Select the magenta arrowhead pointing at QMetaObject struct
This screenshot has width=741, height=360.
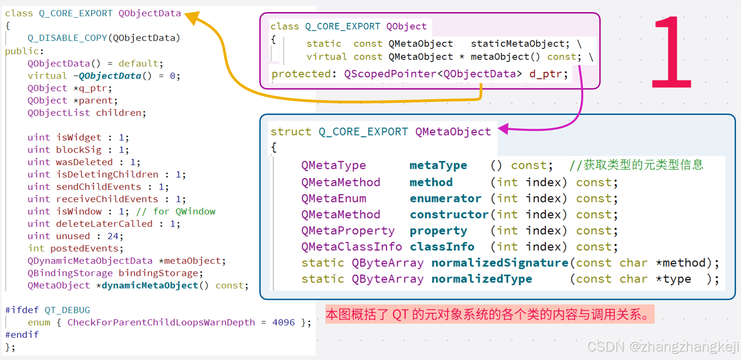pos(504,129)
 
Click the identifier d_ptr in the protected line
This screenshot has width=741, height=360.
pos(548,74)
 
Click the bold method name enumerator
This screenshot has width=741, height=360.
pos(445,198)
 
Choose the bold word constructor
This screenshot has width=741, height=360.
pos(449,215)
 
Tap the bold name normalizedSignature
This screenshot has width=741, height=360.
pos(500,263)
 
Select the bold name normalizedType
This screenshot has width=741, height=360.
pos(481,279)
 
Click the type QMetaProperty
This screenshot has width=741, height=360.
pos(348,231)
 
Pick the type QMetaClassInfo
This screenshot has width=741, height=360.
pos(351,247)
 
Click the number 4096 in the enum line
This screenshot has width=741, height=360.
pos(283,322)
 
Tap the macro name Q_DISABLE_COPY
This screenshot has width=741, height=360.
pos(67,38)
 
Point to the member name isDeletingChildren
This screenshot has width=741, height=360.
pos(107,174)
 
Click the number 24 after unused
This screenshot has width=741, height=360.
pos(113,236)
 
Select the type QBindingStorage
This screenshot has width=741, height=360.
pos(70,273)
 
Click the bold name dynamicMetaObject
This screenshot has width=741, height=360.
pos(149,285)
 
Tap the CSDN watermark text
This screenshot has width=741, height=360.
pos(662,347)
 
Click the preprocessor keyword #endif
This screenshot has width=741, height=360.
pos(22,334)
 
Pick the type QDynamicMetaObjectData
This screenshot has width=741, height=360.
pos(90,261)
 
